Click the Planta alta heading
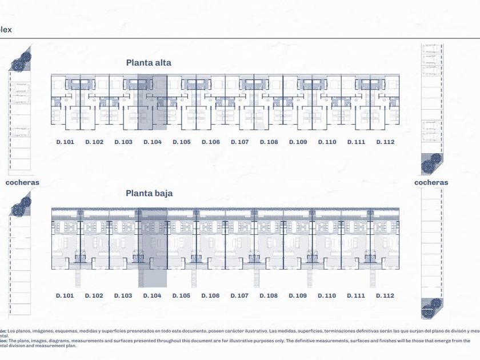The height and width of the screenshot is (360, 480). click(149, 63)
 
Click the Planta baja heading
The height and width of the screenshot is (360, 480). click(149, 193)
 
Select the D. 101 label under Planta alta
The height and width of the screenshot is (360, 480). click(65, 142)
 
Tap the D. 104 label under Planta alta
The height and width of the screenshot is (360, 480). click(153, 142)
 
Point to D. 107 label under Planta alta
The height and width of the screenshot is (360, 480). click(239, 142)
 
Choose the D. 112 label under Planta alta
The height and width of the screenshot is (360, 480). click(385, 142)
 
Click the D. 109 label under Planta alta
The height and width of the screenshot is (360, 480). click(298, 142)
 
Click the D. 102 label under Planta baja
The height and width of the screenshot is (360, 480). click(94, 295)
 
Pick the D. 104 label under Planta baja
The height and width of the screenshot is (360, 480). click(153, 295)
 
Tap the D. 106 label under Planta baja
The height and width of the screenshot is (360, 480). click(210, 295)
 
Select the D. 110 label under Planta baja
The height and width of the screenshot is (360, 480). click(327, 295)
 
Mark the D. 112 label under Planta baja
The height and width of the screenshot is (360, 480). click(385, 295)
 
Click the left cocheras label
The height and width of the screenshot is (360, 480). click(22, 183)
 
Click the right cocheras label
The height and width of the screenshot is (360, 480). click(431, 183)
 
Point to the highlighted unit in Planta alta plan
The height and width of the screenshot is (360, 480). click(153, 100)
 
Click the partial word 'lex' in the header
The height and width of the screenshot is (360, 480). click(6, 30)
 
